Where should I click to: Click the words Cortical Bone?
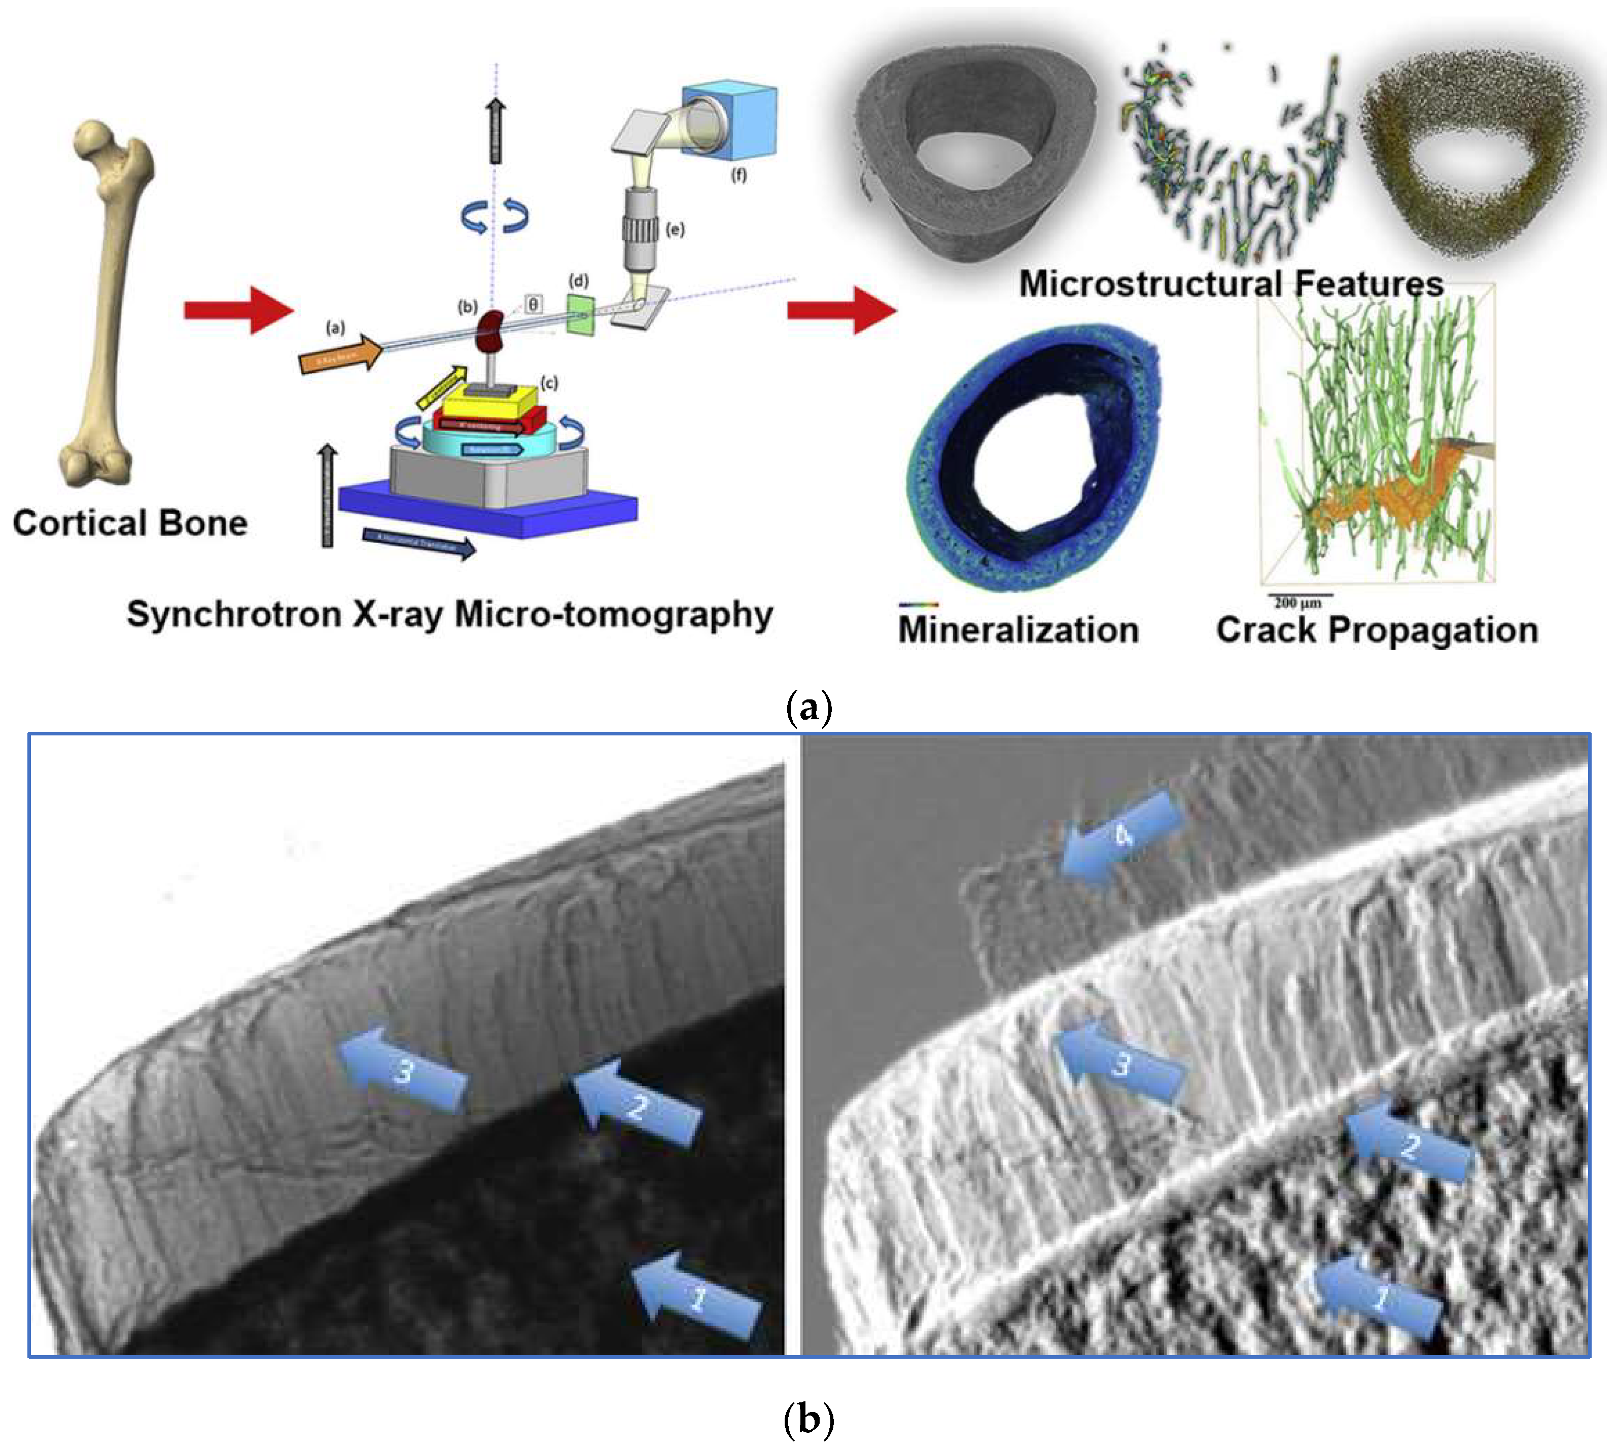[x=130, y=523]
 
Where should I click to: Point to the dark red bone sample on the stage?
[x=490, y=329]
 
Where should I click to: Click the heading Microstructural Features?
[x=1231, y=284]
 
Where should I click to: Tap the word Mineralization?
[x=1018, y=630]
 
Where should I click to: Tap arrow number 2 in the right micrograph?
[x=1409, y=1146]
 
